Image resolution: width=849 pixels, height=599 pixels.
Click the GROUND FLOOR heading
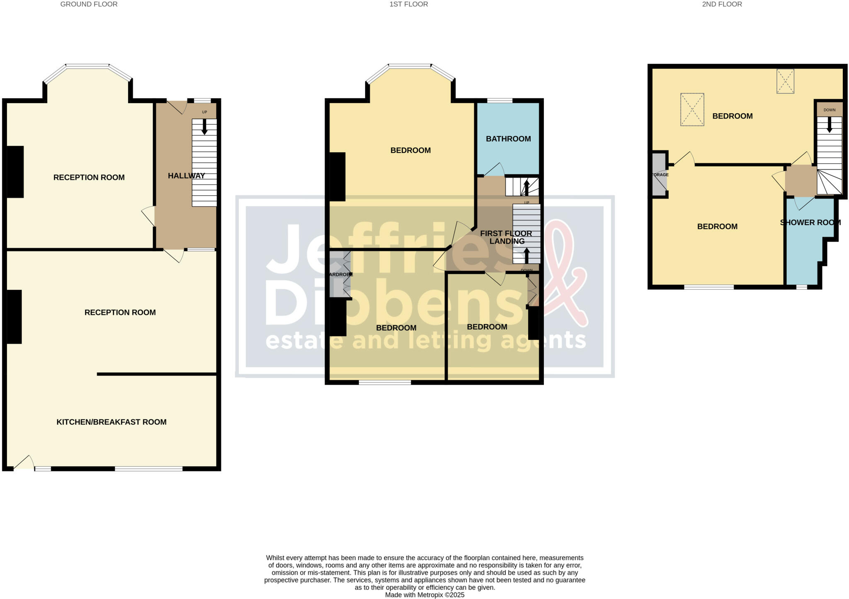click(x=89, y=4)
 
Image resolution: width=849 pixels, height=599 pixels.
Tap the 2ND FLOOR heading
click(x=722, y=4)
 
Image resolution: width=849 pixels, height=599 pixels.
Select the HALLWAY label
click(x=186, y=176)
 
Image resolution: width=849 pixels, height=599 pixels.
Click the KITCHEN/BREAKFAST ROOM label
click(x=111, y=422)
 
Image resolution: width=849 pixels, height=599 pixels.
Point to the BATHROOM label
click(x=508, y=139)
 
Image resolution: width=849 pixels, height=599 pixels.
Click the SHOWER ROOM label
click(x=810, y=223)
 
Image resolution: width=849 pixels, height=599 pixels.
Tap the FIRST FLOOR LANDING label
click(x=506, y=238)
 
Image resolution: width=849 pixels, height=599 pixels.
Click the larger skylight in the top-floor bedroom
click(x=692, y=109)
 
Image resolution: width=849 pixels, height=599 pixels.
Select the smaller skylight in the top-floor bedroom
click(x=785, y=81)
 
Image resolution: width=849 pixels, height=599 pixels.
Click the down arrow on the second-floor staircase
click(x=829, y=125)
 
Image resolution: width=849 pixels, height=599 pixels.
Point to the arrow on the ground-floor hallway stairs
click(x=204, y=127)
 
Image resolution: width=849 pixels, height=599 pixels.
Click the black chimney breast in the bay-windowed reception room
click(x=15, y=172)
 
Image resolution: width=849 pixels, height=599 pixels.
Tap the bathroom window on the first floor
click(x=499, y=100)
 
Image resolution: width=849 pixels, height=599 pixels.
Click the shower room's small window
click(x=801, y=287)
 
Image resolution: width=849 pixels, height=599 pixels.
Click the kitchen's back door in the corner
click(x=24, y=463)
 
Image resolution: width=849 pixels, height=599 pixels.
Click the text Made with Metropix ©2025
click(x=424, y=595)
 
